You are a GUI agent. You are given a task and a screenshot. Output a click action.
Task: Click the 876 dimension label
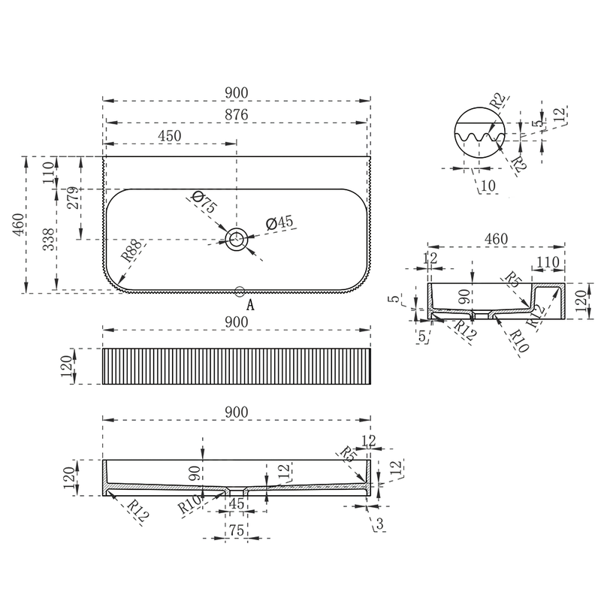click(x=237, y=115)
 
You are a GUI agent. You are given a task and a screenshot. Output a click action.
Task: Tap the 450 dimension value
click(x=170, y=136)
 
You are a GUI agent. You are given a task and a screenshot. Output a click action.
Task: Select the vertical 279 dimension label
click(x=73, y=198)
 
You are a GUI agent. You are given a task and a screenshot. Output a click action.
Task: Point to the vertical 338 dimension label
click(x=49, y=240)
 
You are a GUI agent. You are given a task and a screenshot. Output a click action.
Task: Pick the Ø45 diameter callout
click(x=279, y=222)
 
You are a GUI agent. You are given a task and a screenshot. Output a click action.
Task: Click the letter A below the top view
click(x=250, y=305)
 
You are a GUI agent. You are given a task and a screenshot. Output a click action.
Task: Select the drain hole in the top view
click(x=236, y=239)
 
